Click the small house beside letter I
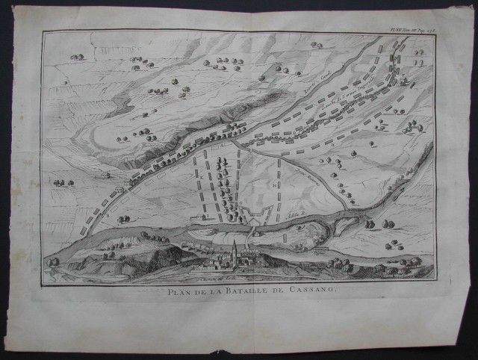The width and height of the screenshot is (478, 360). click(x=105, y=176)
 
